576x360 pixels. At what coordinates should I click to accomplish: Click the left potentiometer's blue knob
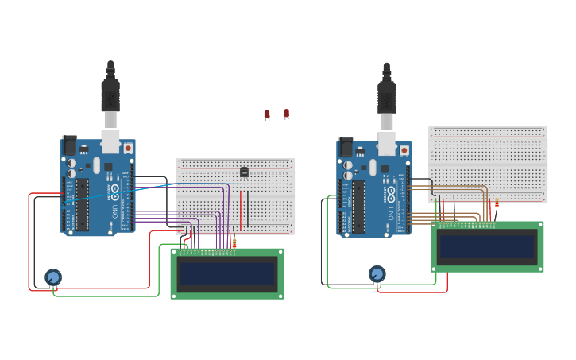53,277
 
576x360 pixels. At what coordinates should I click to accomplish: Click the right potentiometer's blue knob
377,273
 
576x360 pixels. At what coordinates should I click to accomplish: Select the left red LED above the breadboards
267,114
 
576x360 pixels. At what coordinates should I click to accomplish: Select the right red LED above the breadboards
286,114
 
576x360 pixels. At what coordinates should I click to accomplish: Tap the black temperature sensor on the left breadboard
244,172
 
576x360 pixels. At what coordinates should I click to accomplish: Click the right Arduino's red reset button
404,149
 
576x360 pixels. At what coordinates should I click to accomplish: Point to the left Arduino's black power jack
70,145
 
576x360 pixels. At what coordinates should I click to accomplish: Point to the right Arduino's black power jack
346,147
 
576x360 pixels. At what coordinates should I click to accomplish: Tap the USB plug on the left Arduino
110,99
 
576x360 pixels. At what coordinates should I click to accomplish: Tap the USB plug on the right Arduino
387,101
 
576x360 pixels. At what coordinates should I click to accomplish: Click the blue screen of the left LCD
227,274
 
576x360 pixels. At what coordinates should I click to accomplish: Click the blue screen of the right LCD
487,246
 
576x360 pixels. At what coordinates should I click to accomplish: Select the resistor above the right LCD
497,205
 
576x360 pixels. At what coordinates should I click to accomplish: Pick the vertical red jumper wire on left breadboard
241,208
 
